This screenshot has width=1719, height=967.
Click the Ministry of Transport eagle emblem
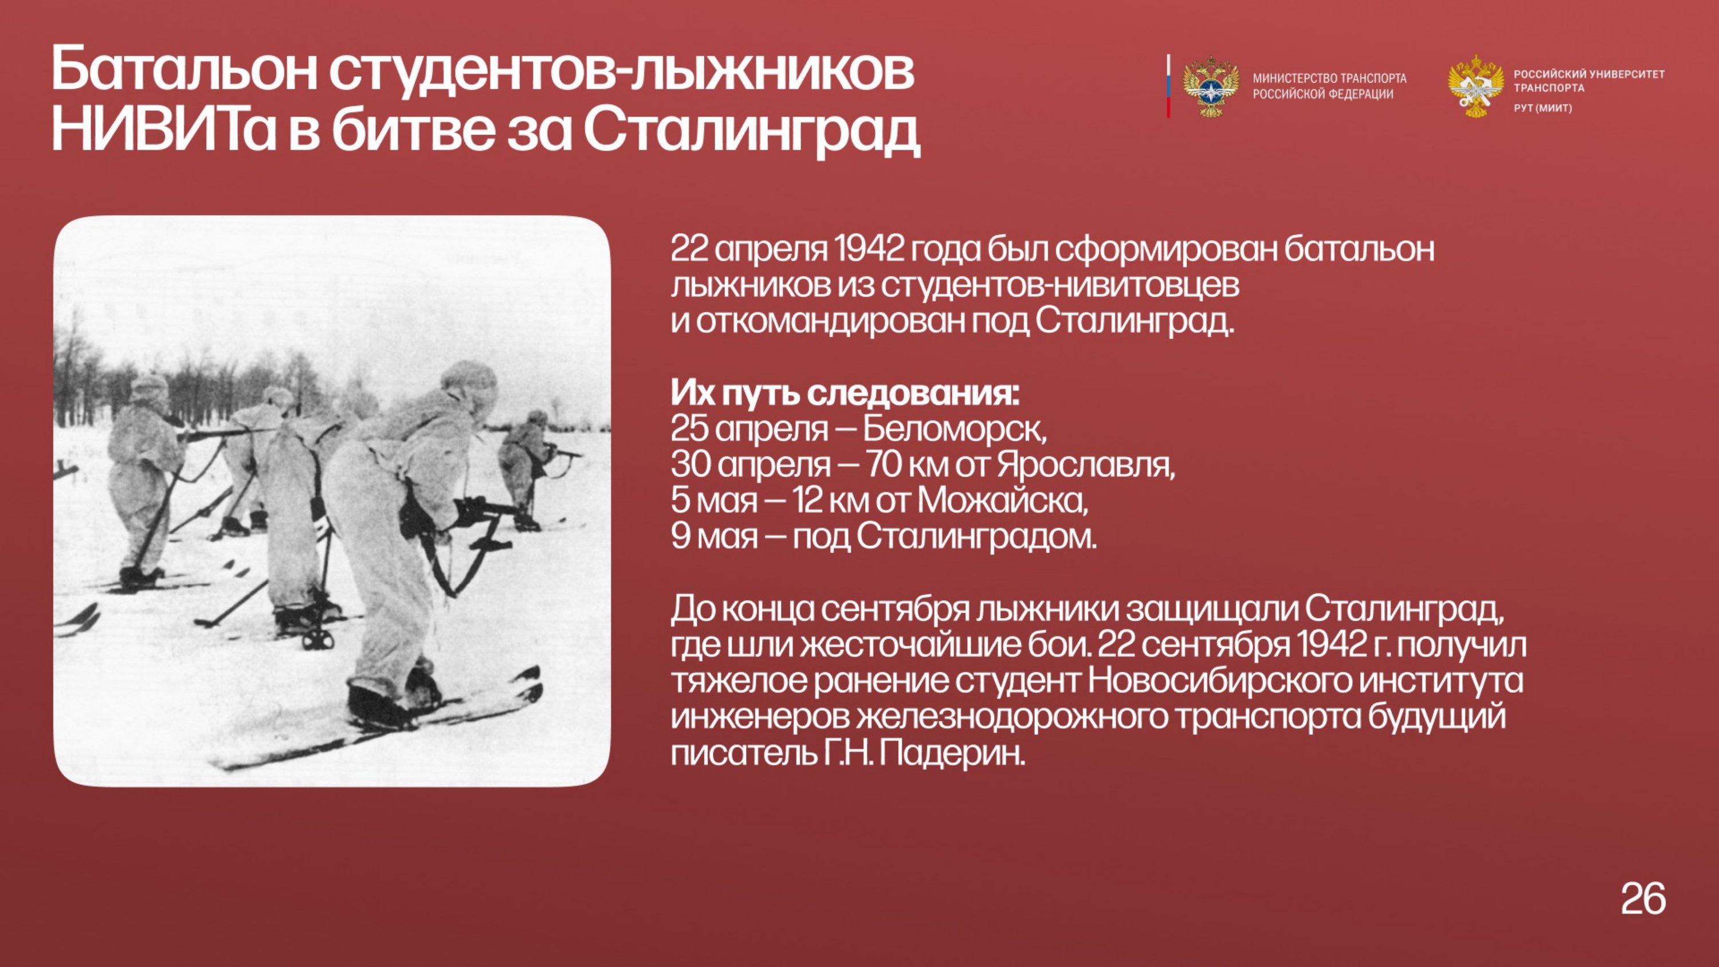point(1211,87)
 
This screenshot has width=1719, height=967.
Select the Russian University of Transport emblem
point(1475,87)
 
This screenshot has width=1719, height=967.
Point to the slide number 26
point(1643,898)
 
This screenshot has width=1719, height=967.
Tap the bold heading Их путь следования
point(845,394)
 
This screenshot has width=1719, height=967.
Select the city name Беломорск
point(954,429)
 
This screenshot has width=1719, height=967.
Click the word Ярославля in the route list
point(1086,465)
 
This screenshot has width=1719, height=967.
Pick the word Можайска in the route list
point(1002,501)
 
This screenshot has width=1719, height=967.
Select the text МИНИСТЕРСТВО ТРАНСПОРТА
point(1329,78)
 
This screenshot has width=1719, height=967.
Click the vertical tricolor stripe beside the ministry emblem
point(1168,86)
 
